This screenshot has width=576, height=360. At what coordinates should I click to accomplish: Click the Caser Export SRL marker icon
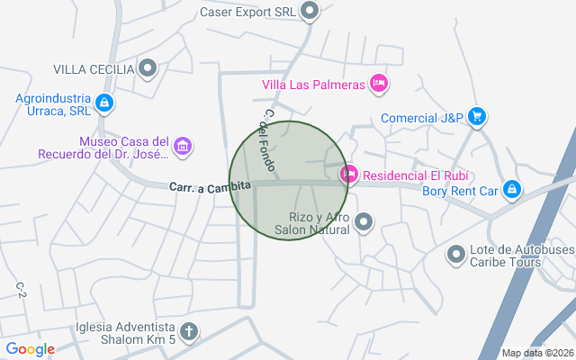point(310,12)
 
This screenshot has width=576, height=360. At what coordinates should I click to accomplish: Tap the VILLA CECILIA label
point(94,68)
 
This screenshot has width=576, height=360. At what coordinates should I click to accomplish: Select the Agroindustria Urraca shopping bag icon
point(105,103)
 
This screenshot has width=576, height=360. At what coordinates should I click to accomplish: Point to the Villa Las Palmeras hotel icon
point(379,84)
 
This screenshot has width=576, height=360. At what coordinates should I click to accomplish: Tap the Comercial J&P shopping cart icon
point(477,116)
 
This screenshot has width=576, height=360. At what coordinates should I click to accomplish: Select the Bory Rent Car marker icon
point(511,189)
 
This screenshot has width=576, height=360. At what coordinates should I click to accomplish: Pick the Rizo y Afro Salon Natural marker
point(364,220)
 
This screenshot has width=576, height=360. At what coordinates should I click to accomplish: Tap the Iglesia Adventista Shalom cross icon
point(188,331)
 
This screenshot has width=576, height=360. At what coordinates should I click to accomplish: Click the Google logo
point(30,349)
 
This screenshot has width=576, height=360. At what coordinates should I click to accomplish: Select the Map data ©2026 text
point(536,353)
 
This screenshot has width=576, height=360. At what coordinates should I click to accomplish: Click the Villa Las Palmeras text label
point(313,85)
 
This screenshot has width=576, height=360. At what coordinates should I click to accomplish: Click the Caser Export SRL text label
point(247,12)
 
